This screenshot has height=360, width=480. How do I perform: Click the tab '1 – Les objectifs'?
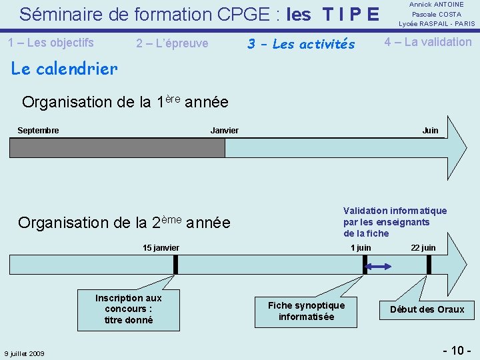[x=51, y=43]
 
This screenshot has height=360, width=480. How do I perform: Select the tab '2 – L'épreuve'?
[x=172, y=43]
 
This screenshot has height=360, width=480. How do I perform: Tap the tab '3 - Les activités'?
[x=301, y=44]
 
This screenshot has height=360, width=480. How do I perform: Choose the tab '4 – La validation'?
[x=427, y=42]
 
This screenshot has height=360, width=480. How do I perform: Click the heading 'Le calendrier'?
[x=65, y=68]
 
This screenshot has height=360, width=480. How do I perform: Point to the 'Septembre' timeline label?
[x=38, y=130]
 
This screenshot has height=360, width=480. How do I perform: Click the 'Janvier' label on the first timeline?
[x=224, y=130]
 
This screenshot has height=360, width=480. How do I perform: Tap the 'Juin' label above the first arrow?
[x=430, y=130]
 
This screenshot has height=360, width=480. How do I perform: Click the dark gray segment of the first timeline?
[x=117, y=148]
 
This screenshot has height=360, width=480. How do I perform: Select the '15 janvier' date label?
[x=161, y=248]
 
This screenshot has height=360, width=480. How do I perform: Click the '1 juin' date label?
[x=361, y=248]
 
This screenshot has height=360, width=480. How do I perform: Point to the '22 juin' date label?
[x=423, y=248]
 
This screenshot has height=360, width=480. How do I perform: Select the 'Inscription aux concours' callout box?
[x=129, y=309]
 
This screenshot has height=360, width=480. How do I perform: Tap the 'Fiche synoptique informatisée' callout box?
[x=306, y=311]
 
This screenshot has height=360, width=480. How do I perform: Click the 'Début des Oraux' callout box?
[x=427, y=309]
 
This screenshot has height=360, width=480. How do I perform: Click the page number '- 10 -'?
[x=457, y=350]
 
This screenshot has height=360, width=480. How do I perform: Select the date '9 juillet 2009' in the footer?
[x=24, y=353]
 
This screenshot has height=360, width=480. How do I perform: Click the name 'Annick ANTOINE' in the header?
[x=437, y=5]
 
